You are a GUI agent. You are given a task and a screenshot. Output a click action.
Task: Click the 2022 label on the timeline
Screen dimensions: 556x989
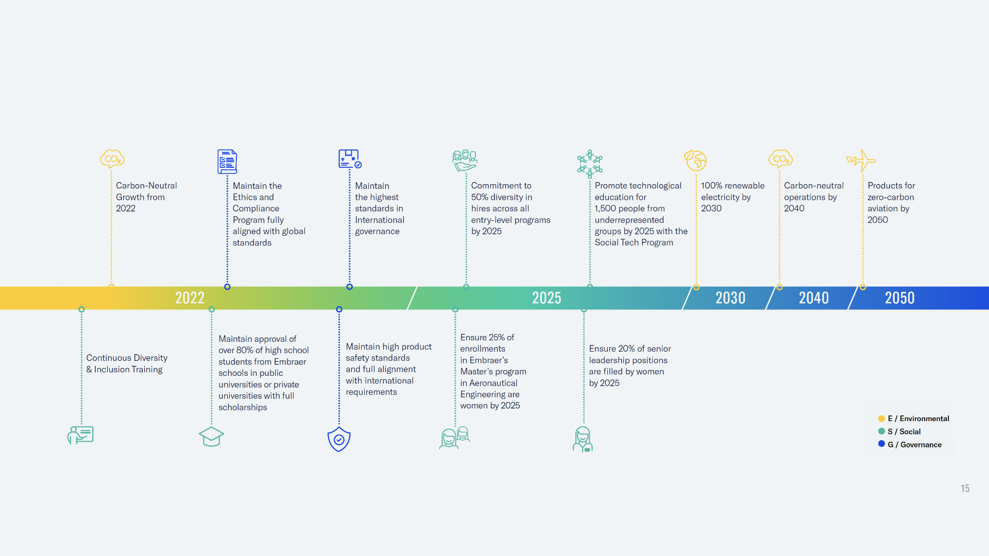coord(190,298)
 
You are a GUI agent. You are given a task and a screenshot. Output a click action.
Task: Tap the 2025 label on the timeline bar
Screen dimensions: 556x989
coord(547,298)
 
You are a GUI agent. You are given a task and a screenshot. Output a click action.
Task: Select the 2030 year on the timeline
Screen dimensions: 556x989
coord(730,298)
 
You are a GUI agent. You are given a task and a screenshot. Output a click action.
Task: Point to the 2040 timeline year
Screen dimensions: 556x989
coord(814,298)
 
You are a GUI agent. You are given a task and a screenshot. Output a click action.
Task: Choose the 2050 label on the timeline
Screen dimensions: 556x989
coord(900,298)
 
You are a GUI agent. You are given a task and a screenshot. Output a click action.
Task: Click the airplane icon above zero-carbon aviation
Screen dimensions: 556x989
coord(861,161)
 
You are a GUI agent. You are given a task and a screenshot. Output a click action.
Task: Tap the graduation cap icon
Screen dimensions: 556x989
coord(211,437)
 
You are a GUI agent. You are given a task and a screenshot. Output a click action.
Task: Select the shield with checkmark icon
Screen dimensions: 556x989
coord(339,439)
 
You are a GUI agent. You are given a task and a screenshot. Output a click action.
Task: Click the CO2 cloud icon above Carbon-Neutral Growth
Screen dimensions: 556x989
coord(112,159)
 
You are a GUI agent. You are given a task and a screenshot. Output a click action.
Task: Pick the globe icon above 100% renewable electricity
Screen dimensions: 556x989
coord(695,160)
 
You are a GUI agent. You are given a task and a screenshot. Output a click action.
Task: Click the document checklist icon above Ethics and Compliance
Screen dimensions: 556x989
coord(227,162)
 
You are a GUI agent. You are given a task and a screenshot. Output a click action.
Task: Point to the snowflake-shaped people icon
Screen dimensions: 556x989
coord(590,164)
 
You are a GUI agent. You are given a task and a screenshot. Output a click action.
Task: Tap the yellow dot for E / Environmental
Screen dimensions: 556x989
coord(881,419)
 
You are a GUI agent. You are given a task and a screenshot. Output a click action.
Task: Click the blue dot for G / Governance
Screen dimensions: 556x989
coord(881,444)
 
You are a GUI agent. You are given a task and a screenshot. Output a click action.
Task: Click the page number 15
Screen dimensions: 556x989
coord(965,489)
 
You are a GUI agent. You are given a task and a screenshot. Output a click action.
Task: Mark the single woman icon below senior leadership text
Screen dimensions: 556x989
coord(583,439)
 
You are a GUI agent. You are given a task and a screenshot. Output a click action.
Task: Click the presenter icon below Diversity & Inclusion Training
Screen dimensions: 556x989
coord(80,435)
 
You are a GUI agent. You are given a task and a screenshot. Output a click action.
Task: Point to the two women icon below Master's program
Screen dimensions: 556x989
coord(455,438)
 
